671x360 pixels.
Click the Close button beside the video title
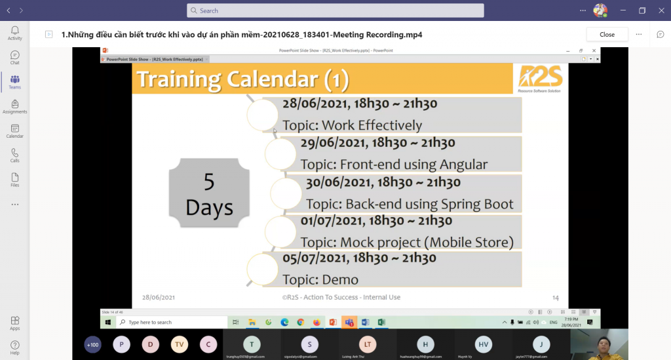[607, 34]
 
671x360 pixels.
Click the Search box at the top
[335, 10]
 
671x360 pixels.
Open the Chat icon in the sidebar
[14, 58]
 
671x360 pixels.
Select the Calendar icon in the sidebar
[14, 131]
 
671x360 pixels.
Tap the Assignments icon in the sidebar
[14, 106]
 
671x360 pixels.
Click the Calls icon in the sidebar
[14, 155]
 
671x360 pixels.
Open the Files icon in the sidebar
[14, 180]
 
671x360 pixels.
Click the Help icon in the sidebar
[14, 347]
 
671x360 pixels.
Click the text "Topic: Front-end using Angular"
[394, 164]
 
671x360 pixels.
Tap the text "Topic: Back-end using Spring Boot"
[410, 203]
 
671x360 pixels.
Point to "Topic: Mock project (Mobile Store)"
[406, 242]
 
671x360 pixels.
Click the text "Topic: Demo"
[320, 280]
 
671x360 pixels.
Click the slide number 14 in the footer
[555, 297]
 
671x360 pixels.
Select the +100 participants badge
[93, 344]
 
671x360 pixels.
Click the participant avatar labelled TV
[180, 344]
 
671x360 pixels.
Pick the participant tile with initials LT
[368, 344]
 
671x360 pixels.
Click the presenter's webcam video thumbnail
[599, 344]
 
